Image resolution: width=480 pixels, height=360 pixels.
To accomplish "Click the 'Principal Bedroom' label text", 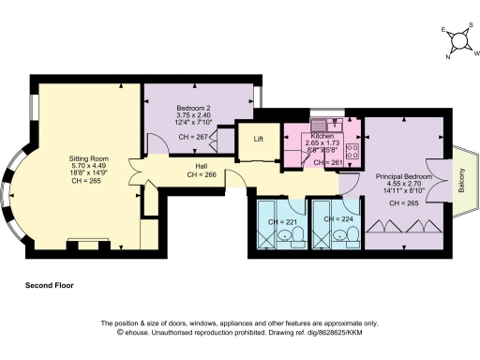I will pyautogui.click(x=404, y=176).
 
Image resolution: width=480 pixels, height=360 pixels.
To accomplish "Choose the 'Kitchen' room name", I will pyautogui.click(x=322, y=137).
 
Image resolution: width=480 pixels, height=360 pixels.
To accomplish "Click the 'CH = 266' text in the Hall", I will pyautogui.click(x=202, y=174).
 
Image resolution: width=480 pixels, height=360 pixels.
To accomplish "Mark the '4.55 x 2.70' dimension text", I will pyautogui.click(x=404, y=185).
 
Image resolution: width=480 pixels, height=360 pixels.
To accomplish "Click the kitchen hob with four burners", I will pyautogui.click(x=352, y=152).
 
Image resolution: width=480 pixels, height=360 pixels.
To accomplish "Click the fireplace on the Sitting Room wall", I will pyautogui.click(x=89, y=246).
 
